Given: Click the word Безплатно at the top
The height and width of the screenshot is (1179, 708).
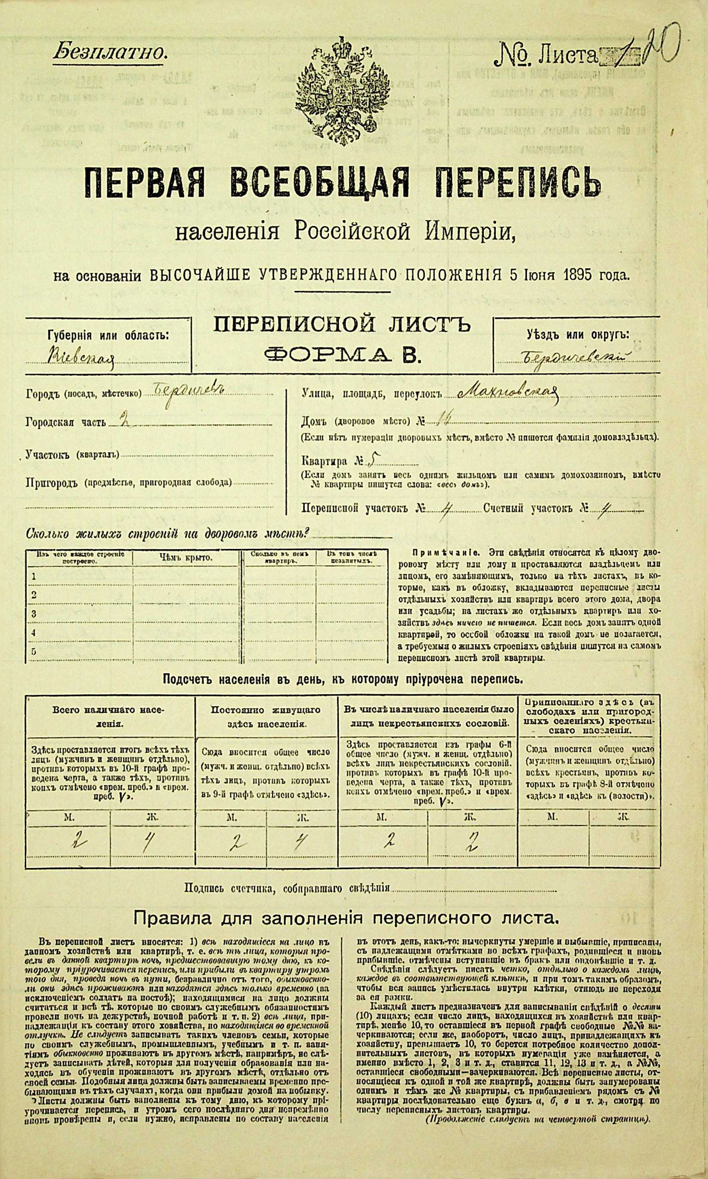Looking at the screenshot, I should (x=110, y=51).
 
